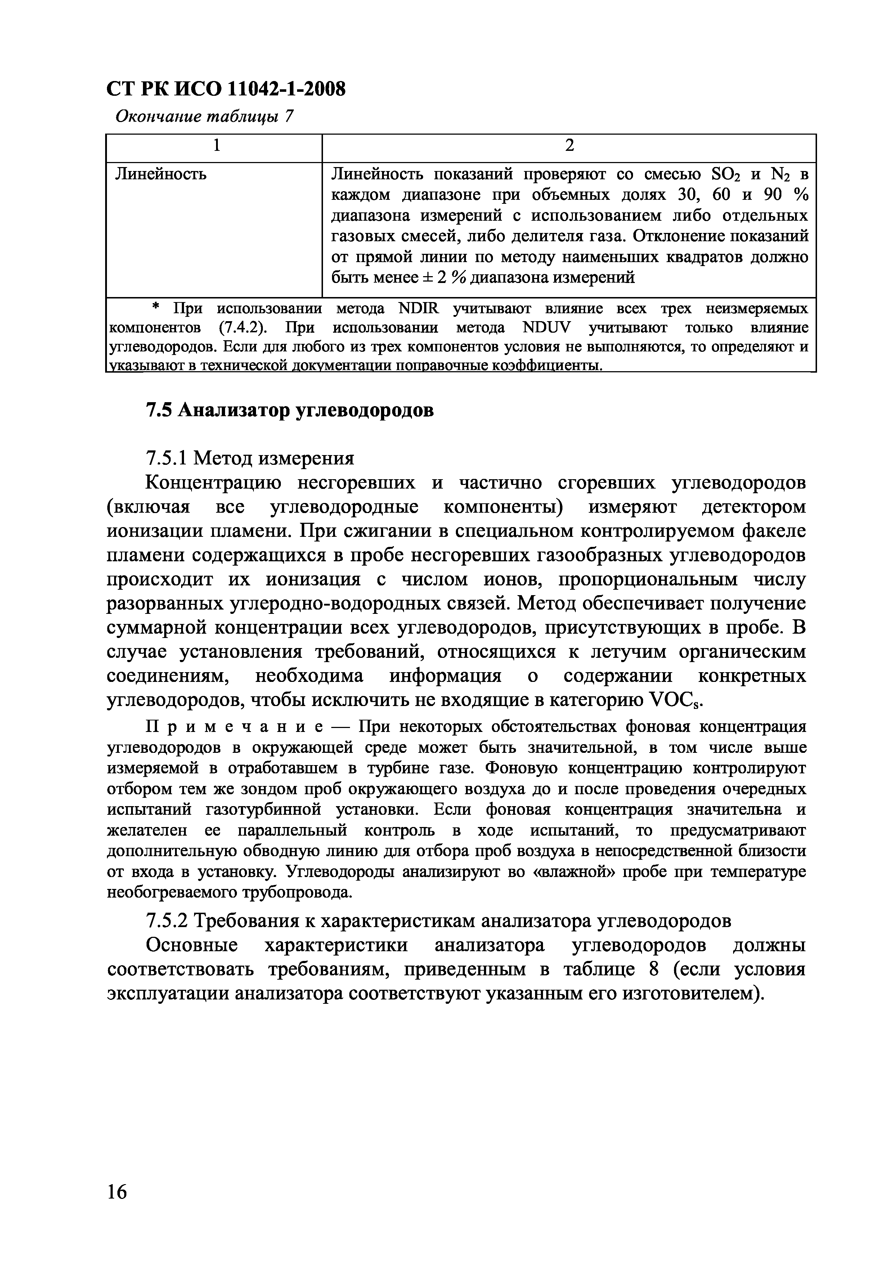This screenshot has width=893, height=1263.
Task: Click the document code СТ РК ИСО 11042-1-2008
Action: point(225,89)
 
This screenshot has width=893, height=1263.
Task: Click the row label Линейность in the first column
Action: point(161,175)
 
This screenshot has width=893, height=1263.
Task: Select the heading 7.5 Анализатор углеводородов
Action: point(289,410)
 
